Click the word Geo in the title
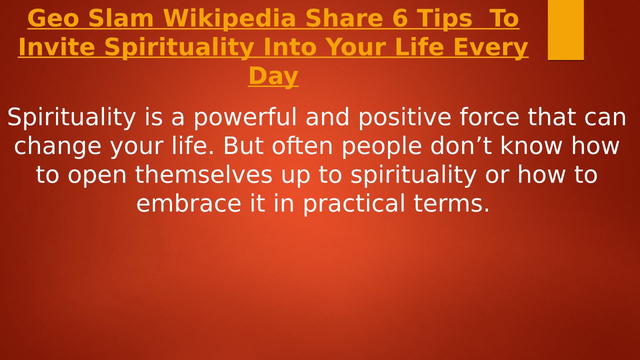[x=53, y=18]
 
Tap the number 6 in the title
[x=399, y=18]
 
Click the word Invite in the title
[x=56, y=47]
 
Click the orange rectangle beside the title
[x=565, y=30]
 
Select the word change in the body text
[x=57, y=146]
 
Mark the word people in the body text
[x=381, y=146]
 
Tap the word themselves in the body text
[x=203, y=174]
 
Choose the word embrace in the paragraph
[x=189, y=203]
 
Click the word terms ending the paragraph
[x=451, y=203]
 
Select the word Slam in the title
[x=121, y=18]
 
